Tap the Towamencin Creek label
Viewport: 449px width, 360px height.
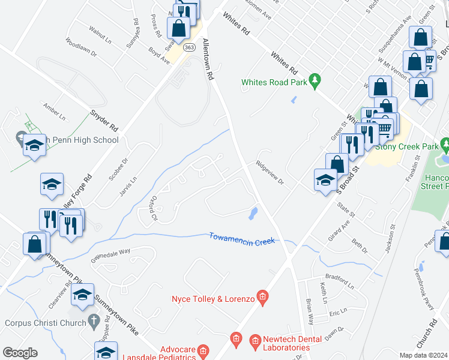tap(242, 238)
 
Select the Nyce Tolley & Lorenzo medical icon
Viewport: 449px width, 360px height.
tap(262, 296)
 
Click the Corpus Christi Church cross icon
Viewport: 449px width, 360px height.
tap(93, 321)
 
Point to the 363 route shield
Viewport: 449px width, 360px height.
tap(189, 47)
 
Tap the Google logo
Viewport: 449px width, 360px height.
tap(20, 353)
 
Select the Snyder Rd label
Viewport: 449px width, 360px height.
tap(104, 119)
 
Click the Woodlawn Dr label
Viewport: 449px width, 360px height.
tap(80, 47)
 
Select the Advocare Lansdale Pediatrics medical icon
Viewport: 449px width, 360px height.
tap(204, 349)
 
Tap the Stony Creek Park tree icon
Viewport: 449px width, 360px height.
tap(444, 145)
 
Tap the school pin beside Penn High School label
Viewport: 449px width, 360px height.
tap(35, 146)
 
